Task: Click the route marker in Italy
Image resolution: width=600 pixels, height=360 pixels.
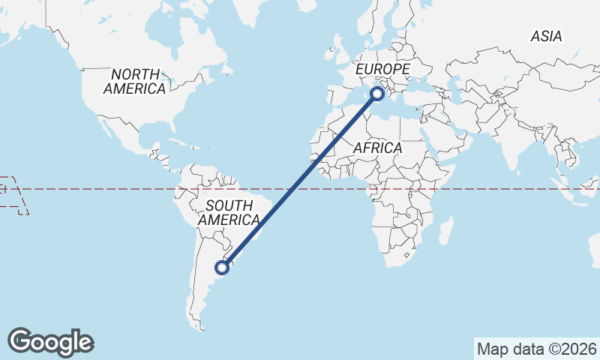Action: pos(377,94)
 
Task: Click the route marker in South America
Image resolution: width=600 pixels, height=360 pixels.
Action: pos(221,266)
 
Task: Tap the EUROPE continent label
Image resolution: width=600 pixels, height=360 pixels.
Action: pos(382,69)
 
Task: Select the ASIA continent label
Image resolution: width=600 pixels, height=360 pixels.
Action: pos(546,36)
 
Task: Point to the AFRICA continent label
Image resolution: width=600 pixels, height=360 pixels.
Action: pos(377,148)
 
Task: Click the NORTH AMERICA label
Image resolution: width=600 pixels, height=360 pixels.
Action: pos(135,82)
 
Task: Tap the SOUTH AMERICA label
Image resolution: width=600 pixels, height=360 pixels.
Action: pos(229,213)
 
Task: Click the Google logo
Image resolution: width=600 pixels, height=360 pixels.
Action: pos(50,342)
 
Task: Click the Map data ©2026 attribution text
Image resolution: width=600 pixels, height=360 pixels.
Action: pos(537,349)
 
